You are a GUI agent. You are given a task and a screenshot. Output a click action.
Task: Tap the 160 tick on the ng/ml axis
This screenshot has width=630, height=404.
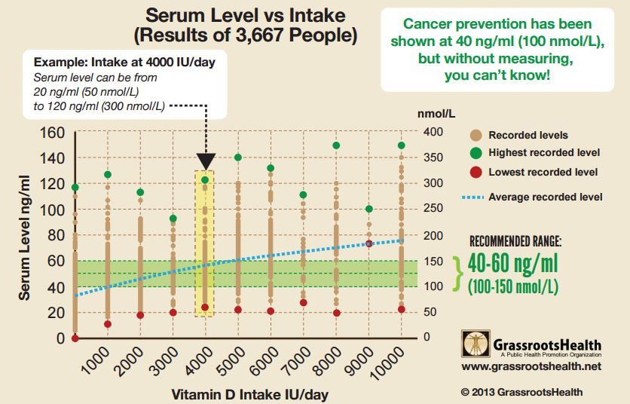pos(53,133)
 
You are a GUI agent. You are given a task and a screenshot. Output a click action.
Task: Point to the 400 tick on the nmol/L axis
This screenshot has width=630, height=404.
pos(413,133)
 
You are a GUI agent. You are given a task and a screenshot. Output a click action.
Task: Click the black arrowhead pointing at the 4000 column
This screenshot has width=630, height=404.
pos(206,161)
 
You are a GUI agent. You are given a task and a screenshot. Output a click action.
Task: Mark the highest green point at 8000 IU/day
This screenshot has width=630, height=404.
pos(337,145)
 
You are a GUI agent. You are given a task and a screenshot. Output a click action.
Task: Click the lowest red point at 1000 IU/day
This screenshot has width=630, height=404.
pos(108,324)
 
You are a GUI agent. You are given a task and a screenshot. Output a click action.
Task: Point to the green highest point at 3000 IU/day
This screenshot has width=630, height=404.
pos(173,219)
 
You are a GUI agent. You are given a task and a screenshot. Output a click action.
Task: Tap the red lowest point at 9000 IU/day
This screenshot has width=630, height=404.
pos(369,243)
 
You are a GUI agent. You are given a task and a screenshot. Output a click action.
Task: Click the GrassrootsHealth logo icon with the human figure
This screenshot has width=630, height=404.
pos(473,343)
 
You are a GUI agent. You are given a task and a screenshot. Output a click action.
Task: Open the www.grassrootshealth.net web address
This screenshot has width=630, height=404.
pos(531,366)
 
